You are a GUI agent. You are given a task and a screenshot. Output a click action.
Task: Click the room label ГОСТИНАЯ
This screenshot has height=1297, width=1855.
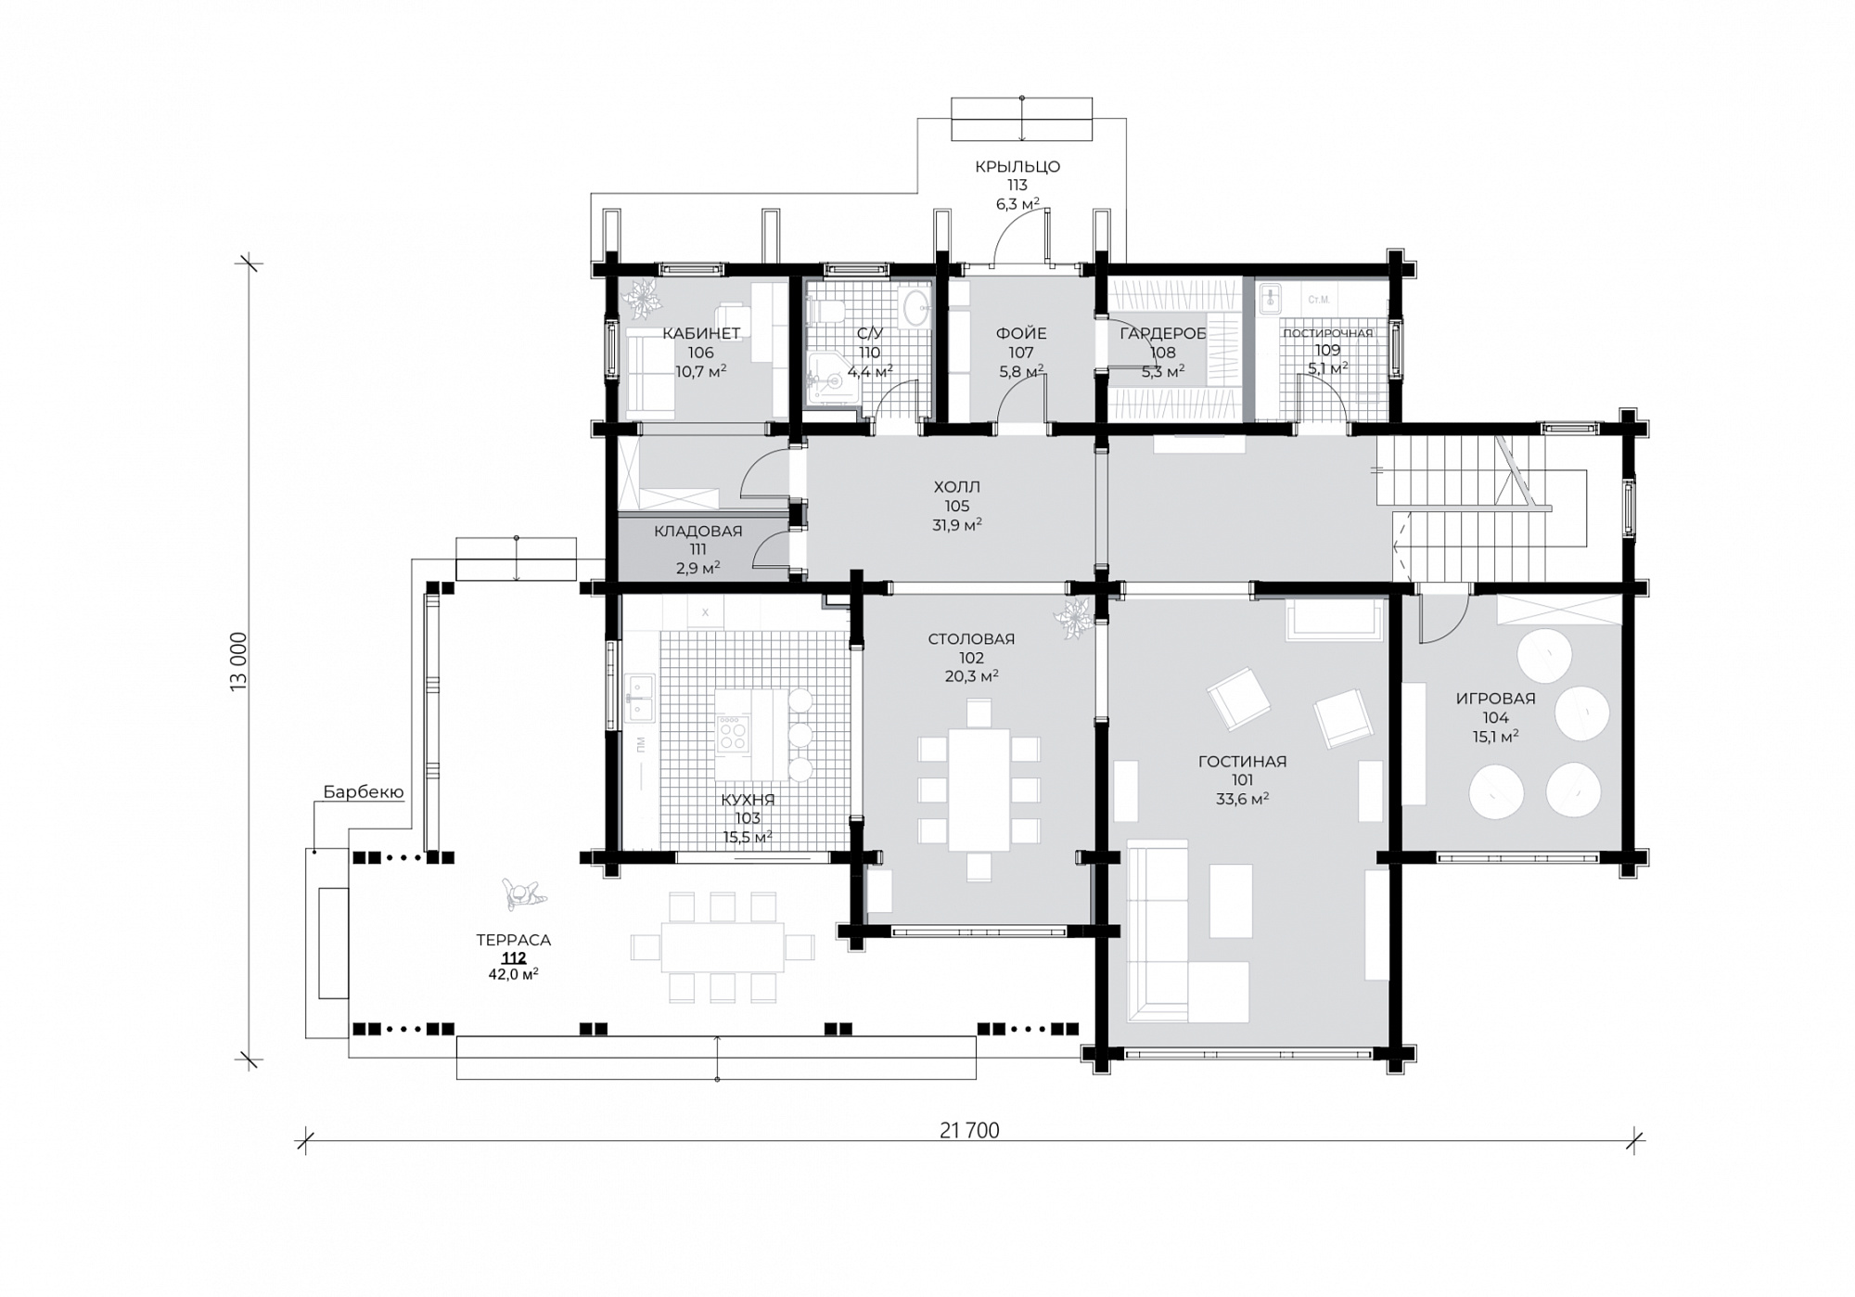coord(1242,762)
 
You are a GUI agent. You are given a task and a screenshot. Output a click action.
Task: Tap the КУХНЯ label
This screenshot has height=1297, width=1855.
coord(748,800)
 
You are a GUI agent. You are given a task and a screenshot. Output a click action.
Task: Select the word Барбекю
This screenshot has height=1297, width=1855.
coord(363,792)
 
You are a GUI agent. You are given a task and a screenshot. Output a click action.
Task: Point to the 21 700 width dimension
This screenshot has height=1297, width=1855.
coord(969,1130)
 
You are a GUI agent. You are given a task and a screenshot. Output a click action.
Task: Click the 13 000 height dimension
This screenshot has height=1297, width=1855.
coord(239,661)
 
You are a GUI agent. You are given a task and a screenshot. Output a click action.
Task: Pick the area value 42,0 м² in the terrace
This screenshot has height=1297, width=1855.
coord(514,974)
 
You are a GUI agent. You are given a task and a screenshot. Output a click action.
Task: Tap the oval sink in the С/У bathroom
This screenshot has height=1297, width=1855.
coord(916,308)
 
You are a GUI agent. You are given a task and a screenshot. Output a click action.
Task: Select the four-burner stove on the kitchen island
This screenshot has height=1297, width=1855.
coord(732,733)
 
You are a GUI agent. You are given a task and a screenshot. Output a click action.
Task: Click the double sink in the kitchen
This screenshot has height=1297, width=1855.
coord(641,699)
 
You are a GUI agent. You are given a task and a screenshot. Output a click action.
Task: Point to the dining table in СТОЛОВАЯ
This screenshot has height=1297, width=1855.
coord(979,790)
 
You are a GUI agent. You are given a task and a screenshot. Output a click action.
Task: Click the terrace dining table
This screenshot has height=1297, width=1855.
coord(723,947)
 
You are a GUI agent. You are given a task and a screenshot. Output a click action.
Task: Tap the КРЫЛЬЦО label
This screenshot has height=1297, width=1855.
coord(1017,167)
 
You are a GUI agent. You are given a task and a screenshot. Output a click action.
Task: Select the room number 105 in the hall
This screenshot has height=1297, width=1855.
coord(957,507)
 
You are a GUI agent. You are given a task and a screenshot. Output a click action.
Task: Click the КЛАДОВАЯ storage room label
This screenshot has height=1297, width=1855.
coord(698,532)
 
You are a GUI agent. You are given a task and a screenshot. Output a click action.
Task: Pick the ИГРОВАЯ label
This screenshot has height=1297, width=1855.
coord(1496,699)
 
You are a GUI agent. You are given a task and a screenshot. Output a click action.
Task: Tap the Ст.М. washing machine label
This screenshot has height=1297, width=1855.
coord(1319,300)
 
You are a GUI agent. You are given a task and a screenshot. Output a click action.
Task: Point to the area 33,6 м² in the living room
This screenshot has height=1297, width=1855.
coord(1242,799)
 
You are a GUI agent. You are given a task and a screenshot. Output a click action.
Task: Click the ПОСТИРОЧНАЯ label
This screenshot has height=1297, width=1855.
coord(1328,333)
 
